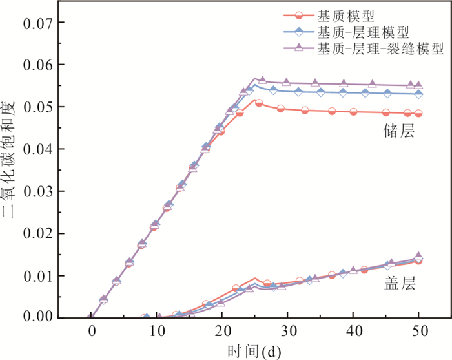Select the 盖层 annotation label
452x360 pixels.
(x=398, y=283)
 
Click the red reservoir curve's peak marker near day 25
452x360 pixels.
(x=259, y=103)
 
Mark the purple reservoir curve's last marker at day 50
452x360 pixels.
(x=418, y=85)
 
